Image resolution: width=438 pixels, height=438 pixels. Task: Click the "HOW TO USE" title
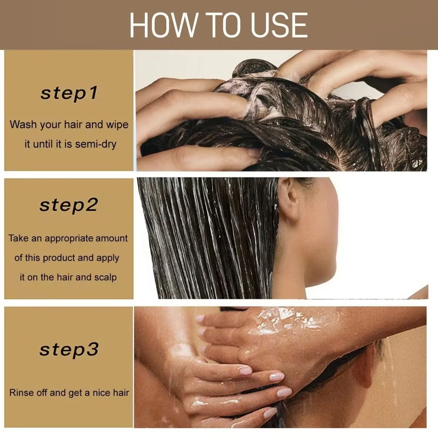pyautogui.click(x=218, y=25)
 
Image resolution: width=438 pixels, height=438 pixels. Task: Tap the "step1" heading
pyautogui.click(x=69, y=93)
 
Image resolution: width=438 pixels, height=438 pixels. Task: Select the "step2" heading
pyautogui.click(x=69, y=205)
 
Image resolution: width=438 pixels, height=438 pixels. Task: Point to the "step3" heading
pyautogui.click(x=69, y=350)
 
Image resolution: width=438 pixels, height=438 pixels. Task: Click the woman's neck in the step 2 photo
pyautogui.click(x=310, y=263)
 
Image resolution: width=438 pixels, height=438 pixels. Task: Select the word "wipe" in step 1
pyautogui.click(x=117, y=124)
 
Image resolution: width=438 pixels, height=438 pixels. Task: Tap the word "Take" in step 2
pyautogui.click(x=18, y=238)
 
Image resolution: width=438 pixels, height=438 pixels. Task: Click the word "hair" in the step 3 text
pyautogui.click(x=121, y=393)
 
